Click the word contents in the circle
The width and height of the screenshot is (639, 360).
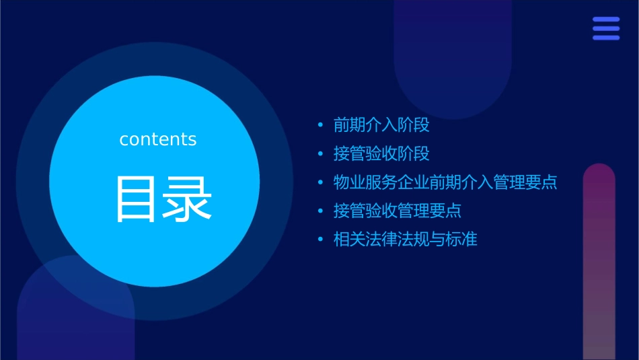click(x=158, y=139)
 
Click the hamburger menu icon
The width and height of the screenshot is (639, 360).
click(x=606, y=28)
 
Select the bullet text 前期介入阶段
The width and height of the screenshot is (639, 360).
click(x=381, y=125)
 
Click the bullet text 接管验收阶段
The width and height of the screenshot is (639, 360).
click(x=381, y=153)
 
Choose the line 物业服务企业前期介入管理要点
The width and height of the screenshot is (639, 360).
click(x=445, y=182)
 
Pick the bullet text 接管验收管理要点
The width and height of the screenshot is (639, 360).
click(x=398, y=211)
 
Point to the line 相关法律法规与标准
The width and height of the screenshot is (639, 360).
click(x=406, y=240)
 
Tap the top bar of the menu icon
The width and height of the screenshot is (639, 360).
click(x=606, y=20)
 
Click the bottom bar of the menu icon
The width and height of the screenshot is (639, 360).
click(x=606, y=38)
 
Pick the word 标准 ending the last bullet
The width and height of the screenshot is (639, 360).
click(x=461, y=240)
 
